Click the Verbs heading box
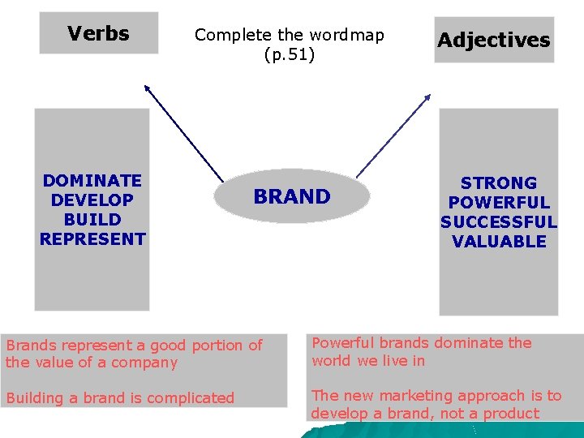coord(98,33)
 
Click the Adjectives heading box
coord(493,40)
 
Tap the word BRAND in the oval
coord(292,196)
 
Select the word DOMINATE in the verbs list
coord(92,180)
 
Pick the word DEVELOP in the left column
coord(92,200)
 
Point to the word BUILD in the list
coord(92,219)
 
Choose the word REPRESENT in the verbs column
coord(92,238)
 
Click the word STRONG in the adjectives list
coord(499,182)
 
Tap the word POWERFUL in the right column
coord(499,202)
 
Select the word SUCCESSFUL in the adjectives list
coord(499,221)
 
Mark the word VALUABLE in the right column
coord(499,241)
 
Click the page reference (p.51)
coord(290,55)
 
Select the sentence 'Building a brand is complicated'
coord(120,398)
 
